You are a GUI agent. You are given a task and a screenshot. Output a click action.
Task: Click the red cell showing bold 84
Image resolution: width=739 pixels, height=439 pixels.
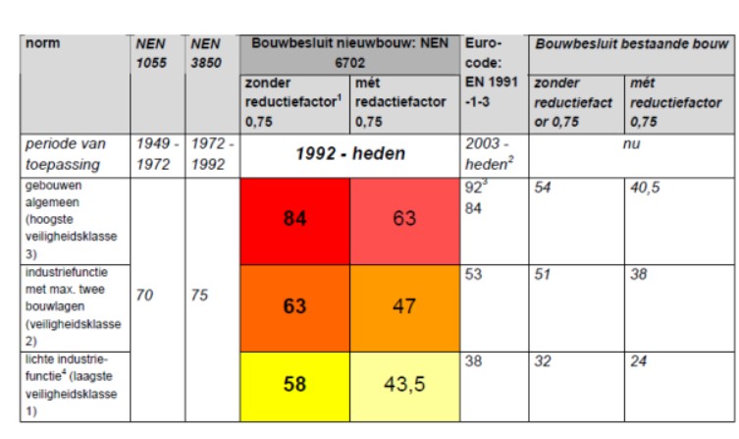click(x=294, y=219)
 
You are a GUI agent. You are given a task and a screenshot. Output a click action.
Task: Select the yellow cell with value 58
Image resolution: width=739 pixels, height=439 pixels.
click(x=294, y=384)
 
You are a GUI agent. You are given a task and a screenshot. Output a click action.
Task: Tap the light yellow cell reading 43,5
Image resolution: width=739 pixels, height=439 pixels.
click(x=404, y=384)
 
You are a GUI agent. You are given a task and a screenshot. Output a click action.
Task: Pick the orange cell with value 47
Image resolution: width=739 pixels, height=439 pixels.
click(x=404, y=304)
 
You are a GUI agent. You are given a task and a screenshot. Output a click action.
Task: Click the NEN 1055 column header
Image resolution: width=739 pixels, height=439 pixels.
click(x=152, y=53)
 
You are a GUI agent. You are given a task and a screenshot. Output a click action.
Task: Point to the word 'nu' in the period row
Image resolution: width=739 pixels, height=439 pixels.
click(x=632, y=144)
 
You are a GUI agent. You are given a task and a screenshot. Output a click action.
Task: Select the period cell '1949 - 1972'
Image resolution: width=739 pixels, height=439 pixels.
click(x=156, y=154)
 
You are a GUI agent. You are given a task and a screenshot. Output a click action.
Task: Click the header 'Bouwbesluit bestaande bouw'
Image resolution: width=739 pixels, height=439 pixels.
click(x=631, y=44)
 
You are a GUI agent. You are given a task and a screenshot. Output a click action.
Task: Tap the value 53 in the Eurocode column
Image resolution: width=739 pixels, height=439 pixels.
click(x=474, y=274)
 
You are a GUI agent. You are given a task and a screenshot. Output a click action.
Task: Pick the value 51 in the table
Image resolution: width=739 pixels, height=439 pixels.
click(x=544, y=274)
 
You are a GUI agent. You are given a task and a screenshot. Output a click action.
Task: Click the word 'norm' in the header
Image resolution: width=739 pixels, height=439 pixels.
click(x=42, y=44)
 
